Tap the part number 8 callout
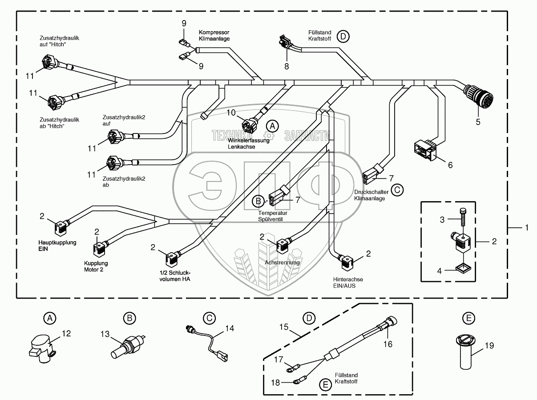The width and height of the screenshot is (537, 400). [287, 66]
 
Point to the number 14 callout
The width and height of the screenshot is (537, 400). [229, 329]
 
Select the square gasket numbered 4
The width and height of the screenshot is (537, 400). [463, 267]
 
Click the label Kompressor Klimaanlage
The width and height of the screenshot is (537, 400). [214, 36]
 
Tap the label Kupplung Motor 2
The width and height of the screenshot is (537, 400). [96, 266]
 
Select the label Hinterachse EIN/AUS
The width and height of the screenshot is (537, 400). [348, 282]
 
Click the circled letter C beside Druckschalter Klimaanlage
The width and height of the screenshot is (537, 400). [397, 190]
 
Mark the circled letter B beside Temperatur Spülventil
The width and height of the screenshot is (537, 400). [258, 201]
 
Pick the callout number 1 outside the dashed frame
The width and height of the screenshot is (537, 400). [526, 227]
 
